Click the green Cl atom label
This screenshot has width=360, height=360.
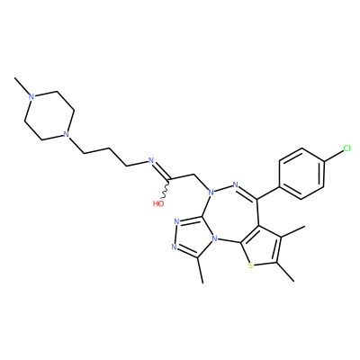click(x=346, y=148)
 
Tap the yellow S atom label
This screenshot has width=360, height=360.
click(x=250, y=265)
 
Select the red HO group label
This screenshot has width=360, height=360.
click(x=158, y=204)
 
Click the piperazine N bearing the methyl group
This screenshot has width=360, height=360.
click(x=31, y=96)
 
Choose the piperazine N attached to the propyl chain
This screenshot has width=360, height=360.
click(x=67, y=134)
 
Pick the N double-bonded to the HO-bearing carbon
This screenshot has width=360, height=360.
click(x=151, y=159)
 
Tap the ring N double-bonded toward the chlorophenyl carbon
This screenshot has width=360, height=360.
click(x=235, y=184)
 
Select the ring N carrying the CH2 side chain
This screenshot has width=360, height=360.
click(x=211, y=191)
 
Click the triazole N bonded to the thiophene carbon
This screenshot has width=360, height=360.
click(x=214, y=239)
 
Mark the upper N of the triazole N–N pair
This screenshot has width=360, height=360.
click(x=176, y=222)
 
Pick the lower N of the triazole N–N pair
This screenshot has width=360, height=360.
click(x=174, y=247)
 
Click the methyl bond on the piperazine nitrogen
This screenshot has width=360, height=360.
click(x=22, y=86)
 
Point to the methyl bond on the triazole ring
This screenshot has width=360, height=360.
click(x=200, y=270)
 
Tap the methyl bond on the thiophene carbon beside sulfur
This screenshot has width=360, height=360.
click(x=285, y=272)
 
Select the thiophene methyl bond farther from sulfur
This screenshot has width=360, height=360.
click(x=292, y=232)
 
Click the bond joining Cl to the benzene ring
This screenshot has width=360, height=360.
click(x=333, y=157)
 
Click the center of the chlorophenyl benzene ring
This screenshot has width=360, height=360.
click(x=301, y=174)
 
